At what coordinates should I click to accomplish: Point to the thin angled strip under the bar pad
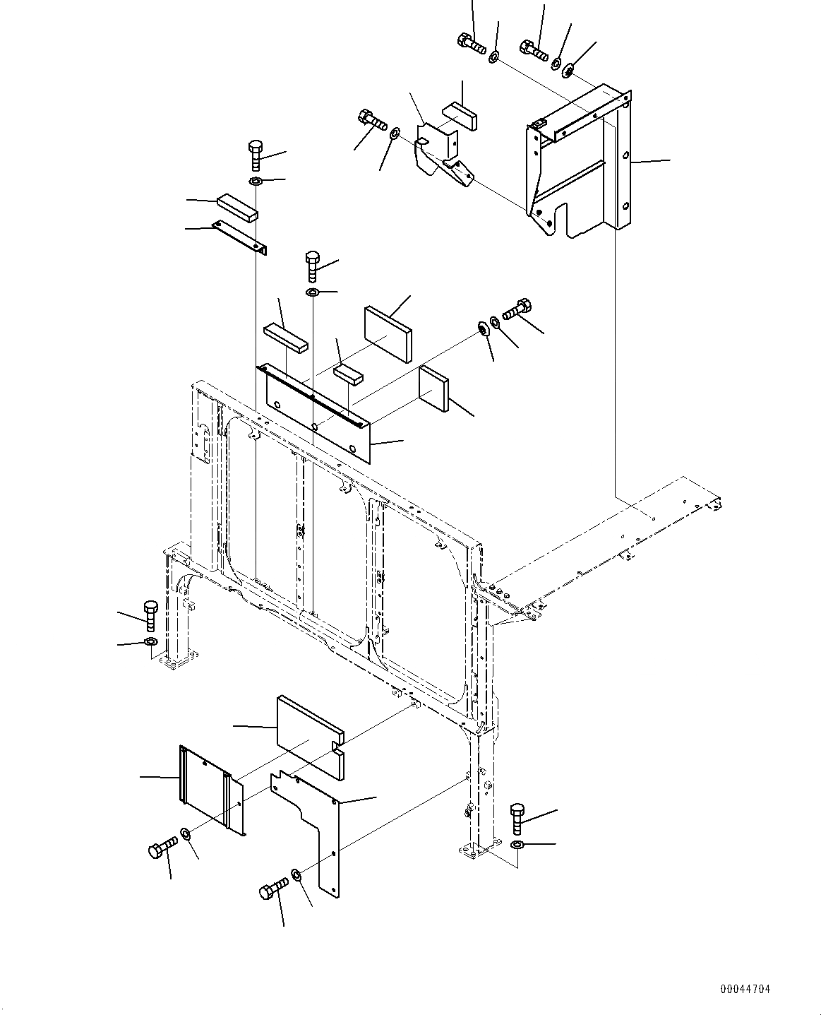[x=240, y=237]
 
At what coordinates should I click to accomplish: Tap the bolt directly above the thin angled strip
[x=256, y=154]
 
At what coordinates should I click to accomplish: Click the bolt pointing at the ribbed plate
[x=162, y=847]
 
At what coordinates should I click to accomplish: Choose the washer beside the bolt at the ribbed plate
[x=185, y=835]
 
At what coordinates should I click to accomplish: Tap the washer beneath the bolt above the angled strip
[x=256, y=182]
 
